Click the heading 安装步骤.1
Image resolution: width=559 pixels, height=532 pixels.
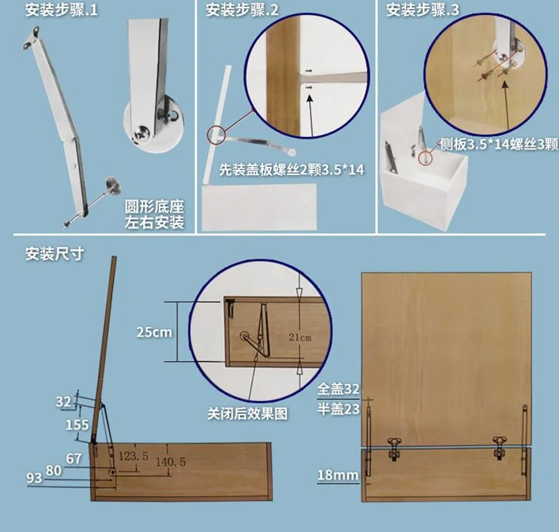point(61,10)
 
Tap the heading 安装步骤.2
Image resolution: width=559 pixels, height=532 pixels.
point(242,10)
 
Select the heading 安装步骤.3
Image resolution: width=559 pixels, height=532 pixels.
point(423,10)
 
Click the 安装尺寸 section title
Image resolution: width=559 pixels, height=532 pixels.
point(54,254)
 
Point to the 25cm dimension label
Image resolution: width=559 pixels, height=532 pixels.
point(154,332)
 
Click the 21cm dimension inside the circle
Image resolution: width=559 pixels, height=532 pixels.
point(300,337)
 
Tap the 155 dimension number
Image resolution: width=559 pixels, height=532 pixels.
point(77,425)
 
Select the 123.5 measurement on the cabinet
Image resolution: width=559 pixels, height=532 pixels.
point(133,456)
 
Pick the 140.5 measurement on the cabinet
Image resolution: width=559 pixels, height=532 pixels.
point(171,462)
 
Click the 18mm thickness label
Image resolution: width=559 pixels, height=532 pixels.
point(338,475)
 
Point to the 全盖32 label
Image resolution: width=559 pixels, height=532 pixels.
point(338,389)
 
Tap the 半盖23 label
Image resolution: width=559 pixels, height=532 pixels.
point(338,409)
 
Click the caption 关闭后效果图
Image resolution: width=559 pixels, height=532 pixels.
point(247,414)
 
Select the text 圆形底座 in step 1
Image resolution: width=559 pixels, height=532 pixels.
point(154,206)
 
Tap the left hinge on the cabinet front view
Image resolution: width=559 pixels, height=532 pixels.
point(394,449)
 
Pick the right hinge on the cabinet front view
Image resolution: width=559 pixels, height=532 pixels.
point(499,448)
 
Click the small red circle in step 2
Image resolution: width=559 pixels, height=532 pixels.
point(216,136)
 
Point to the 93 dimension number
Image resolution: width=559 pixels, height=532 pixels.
point(34,478)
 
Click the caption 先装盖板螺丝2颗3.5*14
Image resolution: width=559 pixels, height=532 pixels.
point(291,170)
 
